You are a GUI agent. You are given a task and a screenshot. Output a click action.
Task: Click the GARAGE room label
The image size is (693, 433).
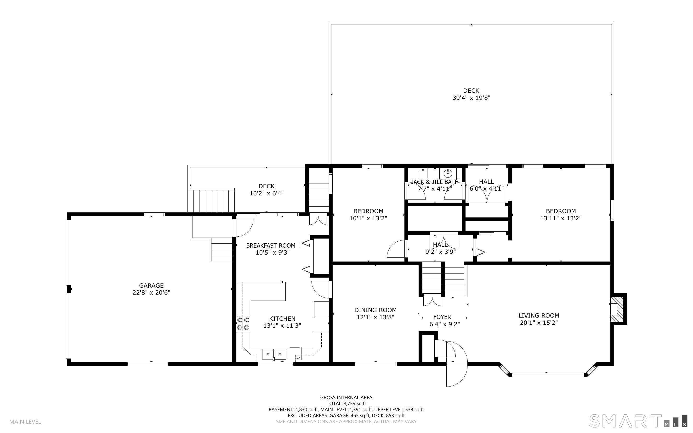point(151,285)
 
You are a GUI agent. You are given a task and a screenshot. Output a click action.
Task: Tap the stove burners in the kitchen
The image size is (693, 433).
point(243,324)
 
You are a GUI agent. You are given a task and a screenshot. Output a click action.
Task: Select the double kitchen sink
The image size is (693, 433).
point(274,354)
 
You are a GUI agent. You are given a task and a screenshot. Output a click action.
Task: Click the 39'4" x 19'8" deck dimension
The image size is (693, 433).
point(471,98)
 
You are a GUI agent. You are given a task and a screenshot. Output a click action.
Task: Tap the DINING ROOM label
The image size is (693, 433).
point(375,310)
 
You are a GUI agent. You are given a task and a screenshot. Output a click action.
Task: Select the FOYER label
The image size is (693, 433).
point(442,317)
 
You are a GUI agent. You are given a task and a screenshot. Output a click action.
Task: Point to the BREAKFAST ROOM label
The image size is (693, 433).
point(271,245)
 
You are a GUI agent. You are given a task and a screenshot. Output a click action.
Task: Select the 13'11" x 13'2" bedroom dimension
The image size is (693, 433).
point(561,218)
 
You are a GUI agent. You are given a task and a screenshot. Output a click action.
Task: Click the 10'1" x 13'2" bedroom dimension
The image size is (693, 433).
point(368,218)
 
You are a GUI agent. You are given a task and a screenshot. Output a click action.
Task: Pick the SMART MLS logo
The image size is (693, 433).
point(638,421)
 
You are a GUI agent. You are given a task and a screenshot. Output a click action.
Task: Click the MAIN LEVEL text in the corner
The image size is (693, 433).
point(25,422)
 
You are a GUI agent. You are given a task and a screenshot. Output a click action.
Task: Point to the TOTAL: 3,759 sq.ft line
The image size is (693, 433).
point(346,404)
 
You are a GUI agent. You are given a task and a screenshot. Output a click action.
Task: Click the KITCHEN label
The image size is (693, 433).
point(282,319)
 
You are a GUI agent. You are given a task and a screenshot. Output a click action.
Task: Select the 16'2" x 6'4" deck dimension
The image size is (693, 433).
point(267,193)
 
